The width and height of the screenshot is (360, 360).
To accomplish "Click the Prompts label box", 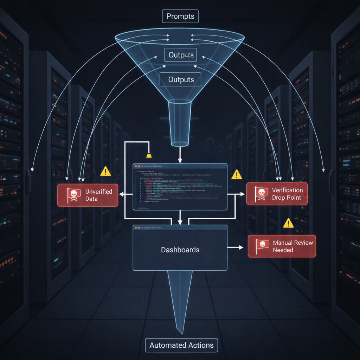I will coord(180,16).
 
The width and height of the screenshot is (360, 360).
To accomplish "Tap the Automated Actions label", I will coord(181,345).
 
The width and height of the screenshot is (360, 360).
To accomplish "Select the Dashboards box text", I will coord(180,250).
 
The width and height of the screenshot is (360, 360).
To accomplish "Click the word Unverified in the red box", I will coord(98,192).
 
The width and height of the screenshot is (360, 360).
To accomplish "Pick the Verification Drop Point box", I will coord(277,194).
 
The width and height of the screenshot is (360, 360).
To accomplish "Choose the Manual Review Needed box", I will coord(282,246).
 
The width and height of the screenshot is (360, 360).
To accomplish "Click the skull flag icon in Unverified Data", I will coord(73,195).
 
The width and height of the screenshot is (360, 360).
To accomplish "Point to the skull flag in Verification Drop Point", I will coord(261,193).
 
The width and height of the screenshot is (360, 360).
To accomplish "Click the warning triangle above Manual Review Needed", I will coord(288,223).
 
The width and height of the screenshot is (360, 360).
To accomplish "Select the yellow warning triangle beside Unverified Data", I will coord(105,172).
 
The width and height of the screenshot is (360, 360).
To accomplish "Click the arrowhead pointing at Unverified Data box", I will coord(121,194).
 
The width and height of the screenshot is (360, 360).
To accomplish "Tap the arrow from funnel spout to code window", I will coord(180,155).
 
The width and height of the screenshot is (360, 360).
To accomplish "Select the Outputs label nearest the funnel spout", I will coord(181,80).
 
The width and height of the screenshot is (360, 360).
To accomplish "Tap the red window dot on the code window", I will coord(135,166).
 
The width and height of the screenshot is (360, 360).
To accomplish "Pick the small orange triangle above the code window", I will coord(149,155).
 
